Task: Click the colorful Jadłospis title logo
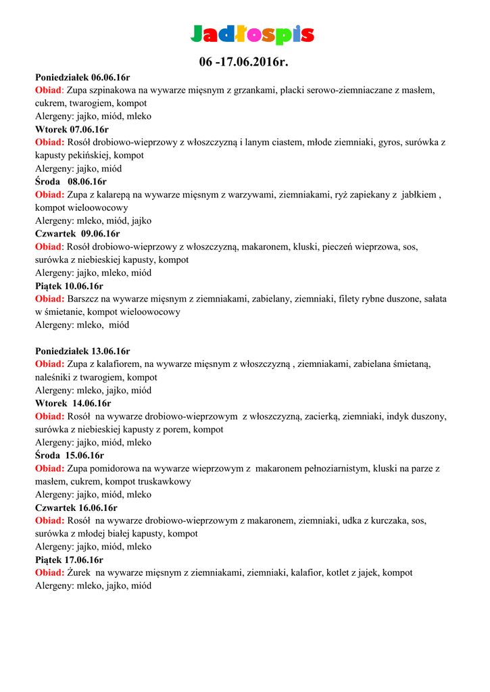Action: click(x=252, y=34)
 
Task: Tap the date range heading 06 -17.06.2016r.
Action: click(x=244, y=63)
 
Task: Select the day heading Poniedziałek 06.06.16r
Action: click(x=82, y=77)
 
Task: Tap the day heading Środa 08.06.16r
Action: click(x=71, y=182)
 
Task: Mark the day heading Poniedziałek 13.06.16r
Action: click(x=82, y=351)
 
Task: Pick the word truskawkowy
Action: click(x=166, y=481)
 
